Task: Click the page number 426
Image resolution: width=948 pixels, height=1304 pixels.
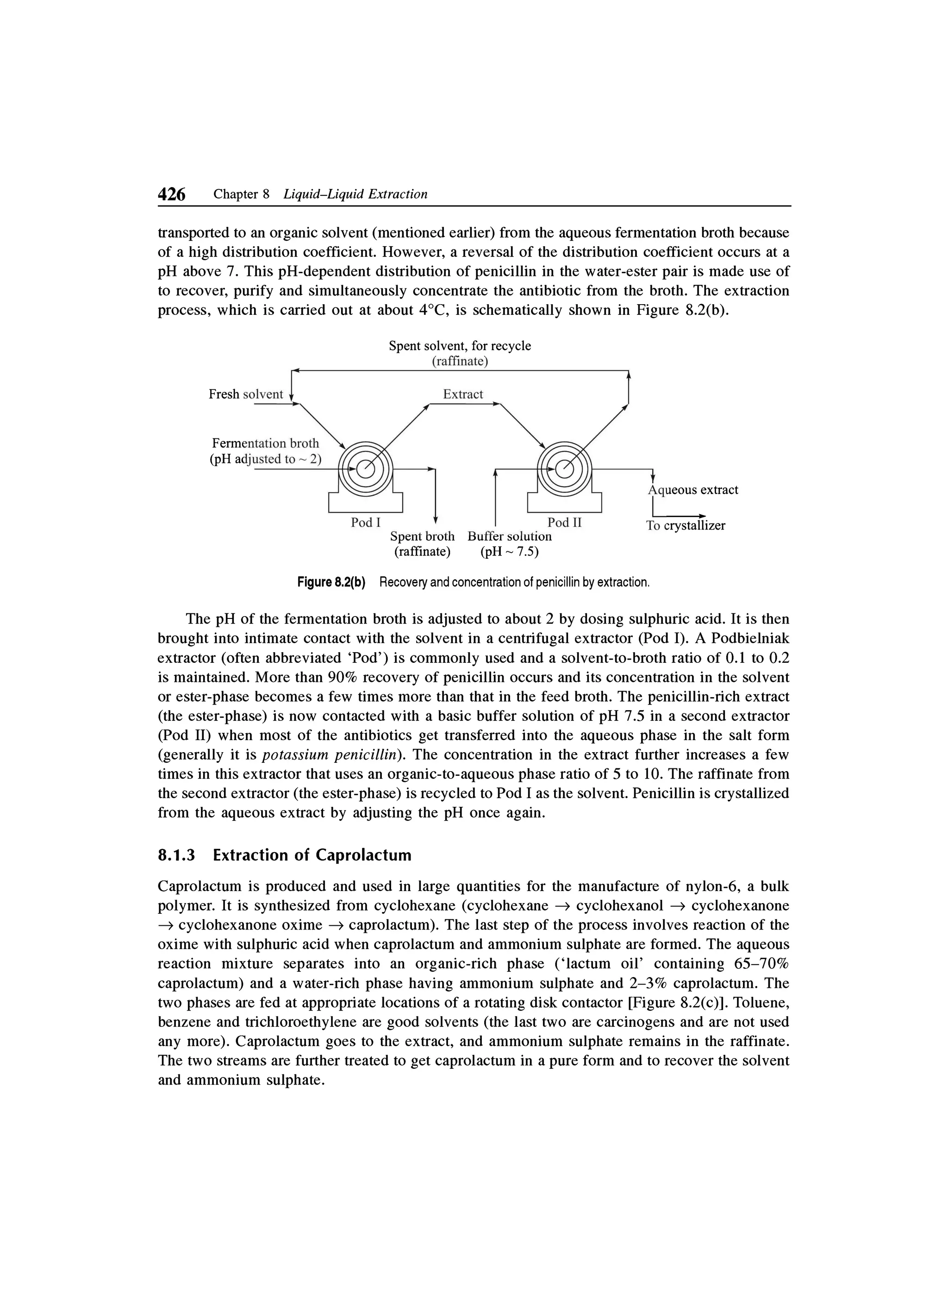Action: point(172,195)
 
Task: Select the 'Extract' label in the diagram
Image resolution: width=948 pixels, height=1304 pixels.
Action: point(463,394)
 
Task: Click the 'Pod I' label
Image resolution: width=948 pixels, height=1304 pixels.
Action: point(366,523)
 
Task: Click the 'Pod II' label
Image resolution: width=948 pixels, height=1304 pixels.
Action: point(565,523)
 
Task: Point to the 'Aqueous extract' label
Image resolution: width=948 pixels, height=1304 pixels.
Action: point(693,490)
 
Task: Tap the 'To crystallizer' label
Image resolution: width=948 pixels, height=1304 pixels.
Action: point(685,526)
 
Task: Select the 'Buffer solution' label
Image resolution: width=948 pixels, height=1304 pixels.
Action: point(509,537)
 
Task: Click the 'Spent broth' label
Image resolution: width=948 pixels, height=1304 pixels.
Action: point(422,537)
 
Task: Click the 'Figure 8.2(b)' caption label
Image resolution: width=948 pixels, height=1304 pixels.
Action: point(332,583)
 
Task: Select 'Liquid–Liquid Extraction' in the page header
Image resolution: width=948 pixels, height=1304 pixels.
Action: point(356,194)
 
